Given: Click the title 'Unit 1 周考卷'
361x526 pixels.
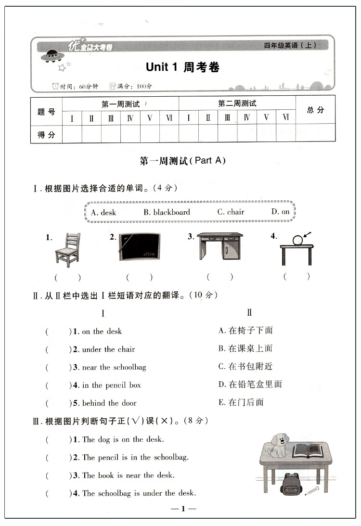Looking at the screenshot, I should (182, 67).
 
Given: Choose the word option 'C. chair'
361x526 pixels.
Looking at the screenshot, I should (231, 212).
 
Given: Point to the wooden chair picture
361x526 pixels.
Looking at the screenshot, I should (67, 249).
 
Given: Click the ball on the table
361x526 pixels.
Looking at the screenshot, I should (298, 239).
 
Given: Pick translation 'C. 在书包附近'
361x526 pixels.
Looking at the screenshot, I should (245, 366).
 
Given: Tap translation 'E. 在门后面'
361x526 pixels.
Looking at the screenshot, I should (241, 402).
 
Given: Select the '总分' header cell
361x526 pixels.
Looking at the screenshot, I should (315, 110).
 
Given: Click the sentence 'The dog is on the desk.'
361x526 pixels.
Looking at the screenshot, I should (123, 439).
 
